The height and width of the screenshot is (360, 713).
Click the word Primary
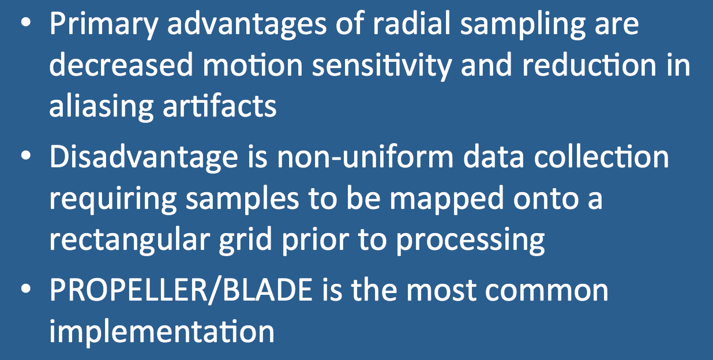pos(104,25)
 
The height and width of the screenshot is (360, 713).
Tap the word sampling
pos(523,25)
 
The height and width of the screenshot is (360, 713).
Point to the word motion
pos(253,65)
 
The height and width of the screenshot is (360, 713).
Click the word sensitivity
pos(382,66)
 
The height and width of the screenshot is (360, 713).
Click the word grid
pos(245,241)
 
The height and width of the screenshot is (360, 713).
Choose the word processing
pos(470,242)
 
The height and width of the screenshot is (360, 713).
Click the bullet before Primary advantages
pos(26,23)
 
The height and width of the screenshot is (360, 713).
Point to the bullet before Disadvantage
pos(26,156)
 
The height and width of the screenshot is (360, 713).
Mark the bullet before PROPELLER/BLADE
pos(26,289)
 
